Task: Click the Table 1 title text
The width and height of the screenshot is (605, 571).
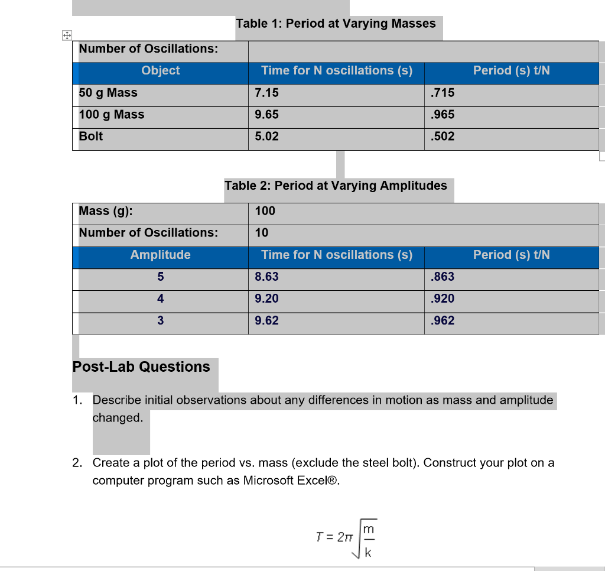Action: click(x=336, y=24)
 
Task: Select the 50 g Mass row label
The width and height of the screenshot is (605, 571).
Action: click(x=108, y=93)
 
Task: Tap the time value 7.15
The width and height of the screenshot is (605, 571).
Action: click(x=266, y=93)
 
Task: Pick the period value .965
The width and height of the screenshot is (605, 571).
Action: click(x=443, y=115)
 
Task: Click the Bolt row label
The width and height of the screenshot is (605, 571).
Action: click(x=91, y=137)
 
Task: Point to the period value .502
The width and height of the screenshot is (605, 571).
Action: click(x=443, y=137)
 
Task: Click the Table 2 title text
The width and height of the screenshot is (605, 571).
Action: click(x=336, y=186)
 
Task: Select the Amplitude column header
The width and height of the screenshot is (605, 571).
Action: click(x=160, y=255)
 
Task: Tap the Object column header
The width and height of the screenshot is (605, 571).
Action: click(x=160, y=70)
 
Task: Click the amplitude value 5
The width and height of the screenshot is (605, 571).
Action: click(x=160, y=277)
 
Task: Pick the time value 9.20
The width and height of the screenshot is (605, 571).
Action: click(x=266, y=299)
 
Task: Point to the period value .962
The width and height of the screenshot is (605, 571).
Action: click(x=443, y=320)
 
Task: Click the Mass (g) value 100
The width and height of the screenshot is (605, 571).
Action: click(x=265, y=211)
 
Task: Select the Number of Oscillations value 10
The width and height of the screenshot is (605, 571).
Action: click(x=262, y=233)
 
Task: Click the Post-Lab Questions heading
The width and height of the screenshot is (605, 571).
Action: click(x=141, y=367)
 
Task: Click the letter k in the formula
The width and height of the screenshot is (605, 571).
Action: click(x=368, y=553)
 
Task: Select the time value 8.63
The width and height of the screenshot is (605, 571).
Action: click(x=266, y=277)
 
